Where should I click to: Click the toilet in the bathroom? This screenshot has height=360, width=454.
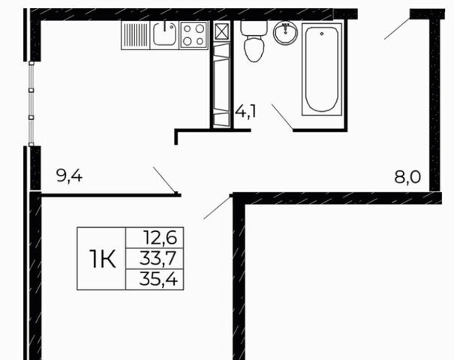point(254,41)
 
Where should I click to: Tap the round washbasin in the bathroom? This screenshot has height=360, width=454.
point(285,33)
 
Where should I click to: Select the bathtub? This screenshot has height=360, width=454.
point(322,70)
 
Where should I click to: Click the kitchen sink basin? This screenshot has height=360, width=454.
point(164,35)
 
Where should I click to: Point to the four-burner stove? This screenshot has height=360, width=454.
point(194,35)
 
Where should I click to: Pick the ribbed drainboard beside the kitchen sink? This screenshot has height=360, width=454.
point(136,35)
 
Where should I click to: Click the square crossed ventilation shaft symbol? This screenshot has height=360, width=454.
point(222,31)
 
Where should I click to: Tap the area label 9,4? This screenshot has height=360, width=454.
point(70,175)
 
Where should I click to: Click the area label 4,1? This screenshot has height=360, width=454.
point(245,111)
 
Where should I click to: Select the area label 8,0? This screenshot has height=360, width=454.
point(407,177)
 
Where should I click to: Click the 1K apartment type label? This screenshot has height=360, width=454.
point(102,259)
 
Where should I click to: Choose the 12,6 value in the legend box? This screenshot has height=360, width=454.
point(161,238)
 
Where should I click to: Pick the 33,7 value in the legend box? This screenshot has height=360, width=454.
point(158,259)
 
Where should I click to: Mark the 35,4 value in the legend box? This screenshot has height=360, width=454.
point(158,279)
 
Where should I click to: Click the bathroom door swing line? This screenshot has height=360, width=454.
point(282,116)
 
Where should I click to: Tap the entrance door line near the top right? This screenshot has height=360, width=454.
point(397,28)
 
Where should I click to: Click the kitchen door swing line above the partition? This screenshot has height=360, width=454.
point(164,179)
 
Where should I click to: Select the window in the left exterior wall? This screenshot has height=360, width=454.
point(32,103)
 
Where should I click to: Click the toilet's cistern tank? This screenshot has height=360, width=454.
point(254,28)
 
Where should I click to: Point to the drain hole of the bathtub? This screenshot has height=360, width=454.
point(322,34)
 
